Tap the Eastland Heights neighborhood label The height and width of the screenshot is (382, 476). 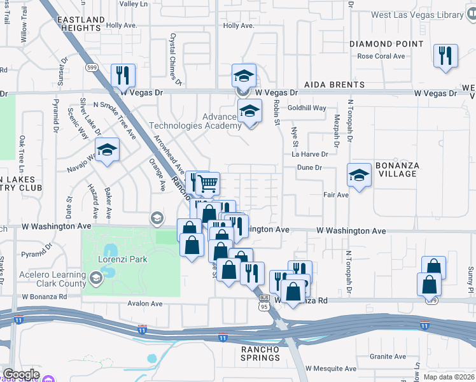click(x=81, y=24)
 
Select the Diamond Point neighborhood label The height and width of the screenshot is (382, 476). click(x=386, y=44)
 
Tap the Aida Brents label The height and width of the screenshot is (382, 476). click(x=334, y=85)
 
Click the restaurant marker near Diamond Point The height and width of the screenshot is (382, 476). click(x=445, y=55)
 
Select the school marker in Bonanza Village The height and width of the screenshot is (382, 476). click(x=359, y=175)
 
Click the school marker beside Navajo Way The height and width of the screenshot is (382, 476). click(x=108, y=150)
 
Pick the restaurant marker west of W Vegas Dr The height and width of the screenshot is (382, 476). click(x=123, y=74)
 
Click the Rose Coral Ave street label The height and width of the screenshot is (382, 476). click(x=381, y=56)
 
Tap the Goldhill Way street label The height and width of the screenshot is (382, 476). click(x=307, y=108)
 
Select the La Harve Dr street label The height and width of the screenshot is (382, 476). click(x=310, y=154)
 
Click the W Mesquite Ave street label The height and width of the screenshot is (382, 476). click(x=330, y=369)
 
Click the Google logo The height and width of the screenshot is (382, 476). click(x=22, y=374)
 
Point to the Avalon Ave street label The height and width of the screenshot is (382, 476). click(x=145, y=304)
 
